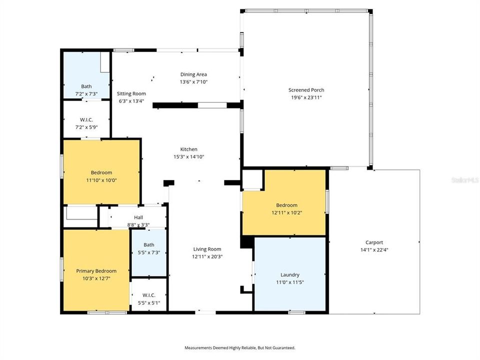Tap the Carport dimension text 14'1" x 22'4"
374,250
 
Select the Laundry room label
289,274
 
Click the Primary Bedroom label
96,270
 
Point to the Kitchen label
188,149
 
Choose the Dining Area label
193,74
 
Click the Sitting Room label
131,93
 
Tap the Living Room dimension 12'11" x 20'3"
207,256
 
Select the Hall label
138,217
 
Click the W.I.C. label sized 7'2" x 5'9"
86,119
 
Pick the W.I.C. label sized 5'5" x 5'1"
148,295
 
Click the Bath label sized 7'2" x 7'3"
86,86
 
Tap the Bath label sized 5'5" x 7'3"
148,244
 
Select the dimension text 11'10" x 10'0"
101,180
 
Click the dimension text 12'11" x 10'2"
286,212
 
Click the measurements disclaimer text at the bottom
240,347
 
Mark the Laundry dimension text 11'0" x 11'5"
289,282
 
